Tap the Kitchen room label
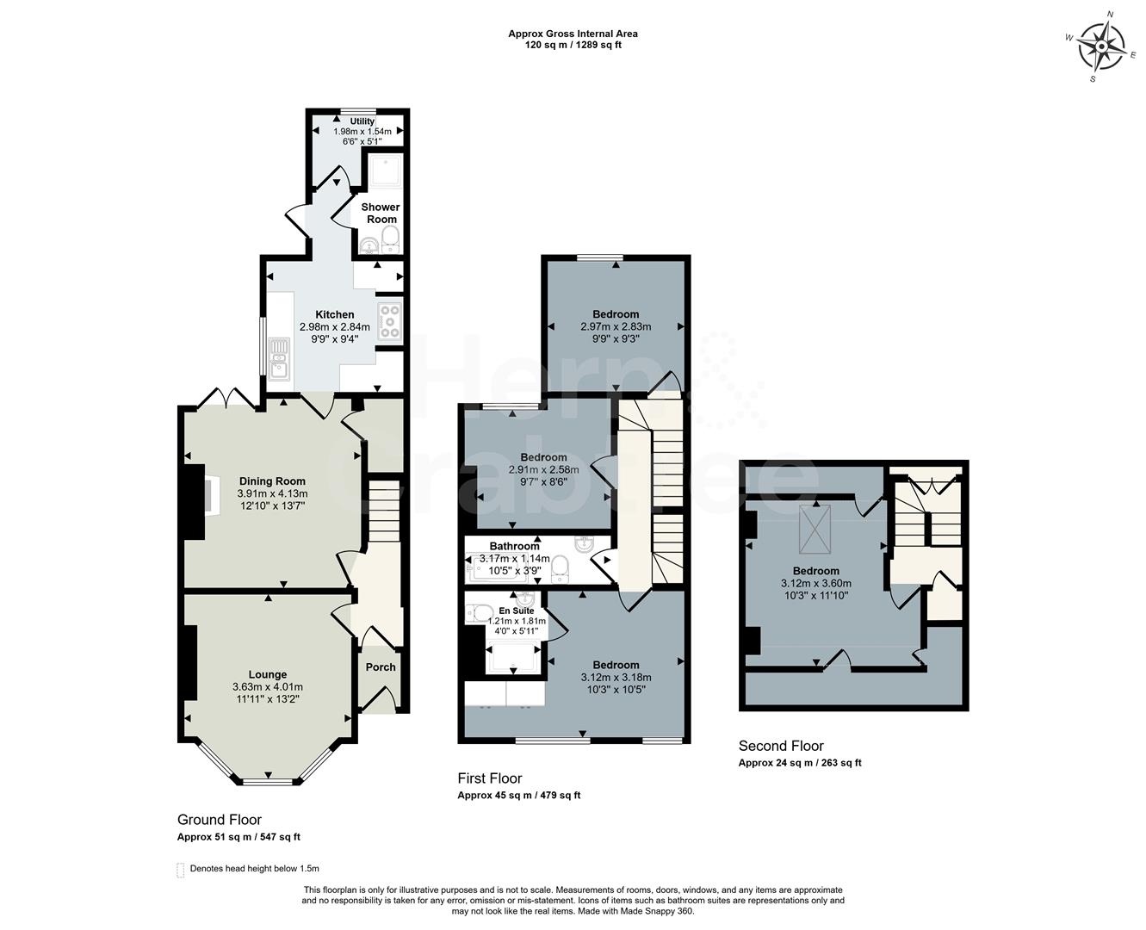(x=334, y=314)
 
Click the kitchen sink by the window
(x=279, y=359)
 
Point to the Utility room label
(x=362, y=121)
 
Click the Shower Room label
(x=380, y=213)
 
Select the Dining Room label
(x=272, y=481)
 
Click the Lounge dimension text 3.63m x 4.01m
(x=267, y=686)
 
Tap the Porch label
(x=381, y=666)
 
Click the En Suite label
(x=517, y=610)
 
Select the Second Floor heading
(x=781, y=746)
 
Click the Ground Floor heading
(x=219, y=820)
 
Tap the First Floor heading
(x=489, y=778)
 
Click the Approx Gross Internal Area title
(x=573, y=34)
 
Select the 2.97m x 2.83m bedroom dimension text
(x=616, y=326)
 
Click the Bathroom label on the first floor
(x=514, y=546)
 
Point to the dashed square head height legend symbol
(x=181, y=869)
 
